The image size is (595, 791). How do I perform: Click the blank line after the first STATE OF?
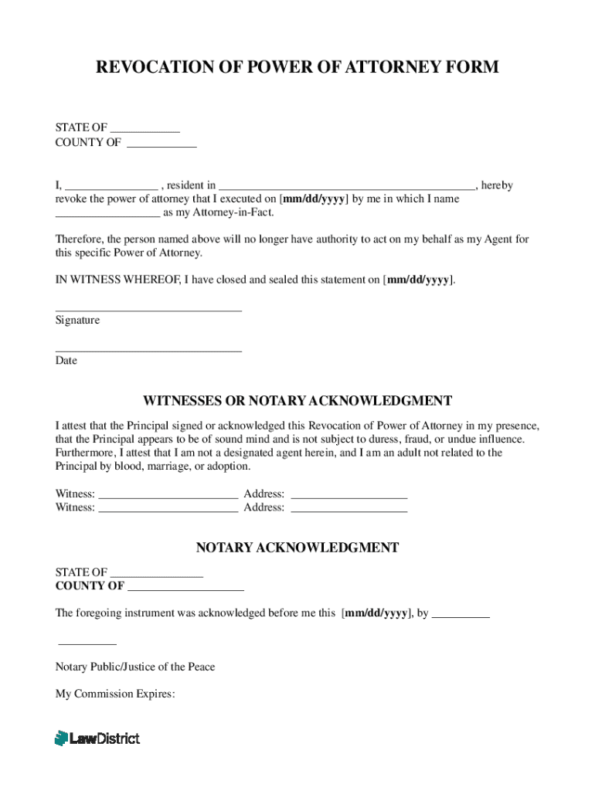(144, 132)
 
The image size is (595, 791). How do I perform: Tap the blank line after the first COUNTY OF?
(161, 146)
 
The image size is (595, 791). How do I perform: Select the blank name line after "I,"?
(110, 190)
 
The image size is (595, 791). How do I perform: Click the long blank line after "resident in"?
(347, 190)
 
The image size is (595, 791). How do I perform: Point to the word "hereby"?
(497, 185)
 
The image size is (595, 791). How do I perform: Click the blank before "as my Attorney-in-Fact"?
(107, 217)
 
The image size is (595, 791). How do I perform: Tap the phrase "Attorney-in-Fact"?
(233, 212)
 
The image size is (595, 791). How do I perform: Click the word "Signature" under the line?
(77, 320)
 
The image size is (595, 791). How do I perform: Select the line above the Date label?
(148, 351)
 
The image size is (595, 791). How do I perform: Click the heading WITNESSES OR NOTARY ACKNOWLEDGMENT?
(297, 401)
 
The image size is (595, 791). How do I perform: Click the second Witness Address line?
(348, 511)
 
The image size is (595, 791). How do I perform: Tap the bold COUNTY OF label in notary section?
(90, 586)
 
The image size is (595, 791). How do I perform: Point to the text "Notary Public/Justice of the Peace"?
(135, 667)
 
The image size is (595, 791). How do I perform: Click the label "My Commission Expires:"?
(115, 694)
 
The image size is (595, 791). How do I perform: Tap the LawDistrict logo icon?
(61, 738)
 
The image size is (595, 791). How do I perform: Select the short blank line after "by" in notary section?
(461, 618)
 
